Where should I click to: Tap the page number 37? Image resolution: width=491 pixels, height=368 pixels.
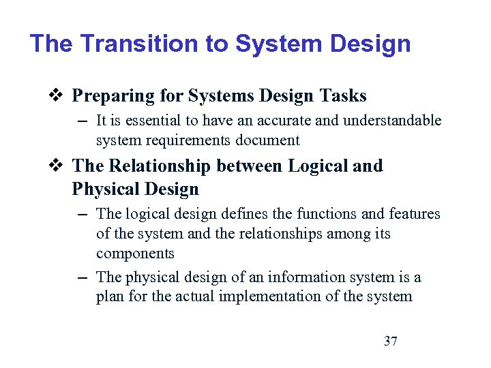coord(391,341)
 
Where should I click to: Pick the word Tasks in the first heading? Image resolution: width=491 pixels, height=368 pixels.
coord(341,96)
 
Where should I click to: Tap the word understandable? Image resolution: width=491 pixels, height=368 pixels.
coord(396,121)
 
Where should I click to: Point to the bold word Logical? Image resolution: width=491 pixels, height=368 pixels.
coord(316,166)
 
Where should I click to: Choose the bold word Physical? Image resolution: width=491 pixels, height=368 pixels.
coord(105,189)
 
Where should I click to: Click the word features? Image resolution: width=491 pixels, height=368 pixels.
coord(414,214)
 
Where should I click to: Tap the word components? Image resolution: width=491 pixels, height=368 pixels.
coord(135,254)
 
